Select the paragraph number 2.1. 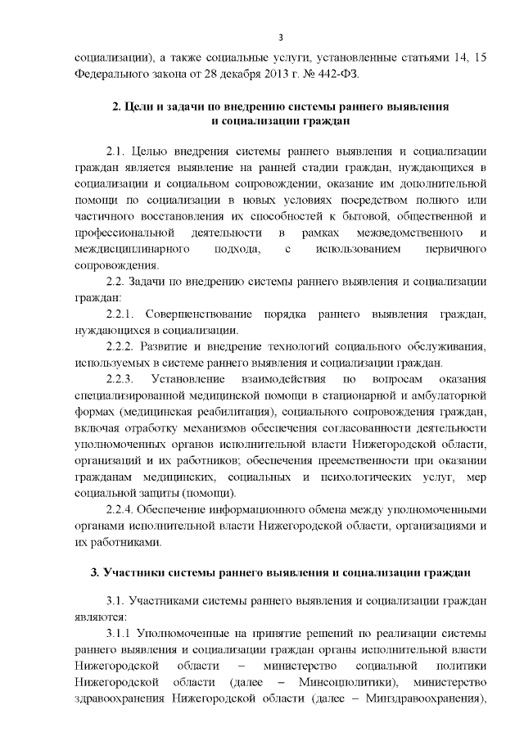click(116, 152)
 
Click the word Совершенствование click(200, 315)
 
